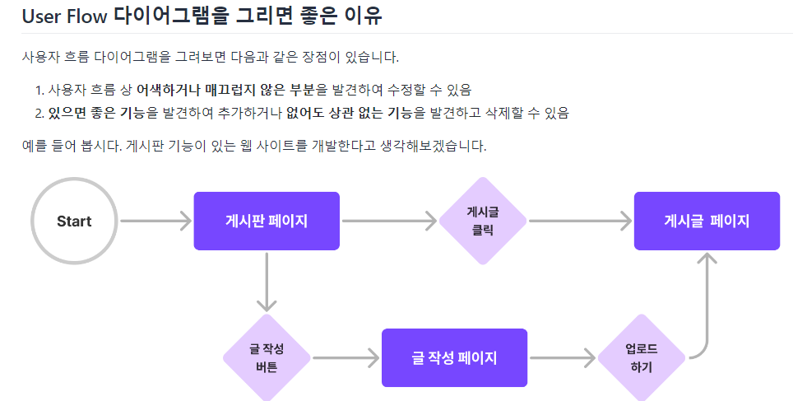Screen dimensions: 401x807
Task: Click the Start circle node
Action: tap(74, 221)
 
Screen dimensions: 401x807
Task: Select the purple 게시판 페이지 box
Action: tap(267, 221)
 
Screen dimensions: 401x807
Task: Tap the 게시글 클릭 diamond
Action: tap(483, 221)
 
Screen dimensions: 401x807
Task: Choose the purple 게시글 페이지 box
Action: tap(707, 221)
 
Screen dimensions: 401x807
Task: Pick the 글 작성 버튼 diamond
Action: tap(267, 357)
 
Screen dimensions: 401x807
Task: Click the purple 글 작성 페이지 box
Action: tap(454, 357)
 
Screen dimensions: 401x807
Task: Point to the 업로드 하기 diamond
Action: tap(641, 357)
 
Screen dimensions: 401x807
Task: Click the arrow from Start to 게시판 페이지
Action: tap(155, 221)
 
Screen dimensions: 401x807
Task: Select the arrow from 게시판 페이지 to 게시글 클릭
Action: tap(388, 221)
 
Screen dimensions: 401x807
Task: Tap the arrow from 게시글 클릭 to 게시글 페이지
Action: tap(579, 221)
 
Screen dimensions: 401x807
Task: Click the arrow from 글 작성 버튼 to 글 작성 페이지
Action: tap(346, 357)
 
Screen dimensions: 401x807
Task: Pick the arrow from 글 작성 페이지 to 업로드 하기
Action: tap(563, 357)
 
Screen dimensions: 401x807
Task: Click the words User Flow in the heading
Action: tap(65, 16)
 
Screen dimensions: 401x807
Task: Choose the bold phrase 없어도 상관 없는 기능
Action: tap(349, 113)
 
